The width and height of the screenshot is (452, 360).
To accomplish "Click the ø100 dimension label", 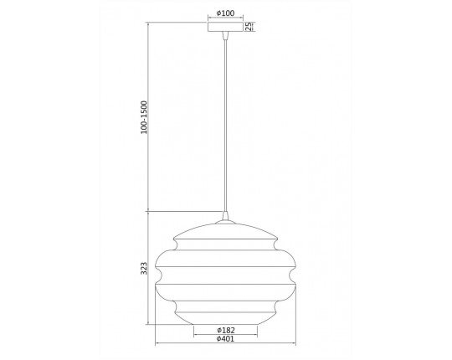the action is click(x=225, y=13).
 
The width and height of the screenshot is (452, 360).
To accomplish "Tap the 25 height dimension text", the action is click(x=249, y=26).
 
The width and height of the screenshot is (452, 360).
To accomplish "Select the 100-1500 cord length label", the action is click(x=144, y=117).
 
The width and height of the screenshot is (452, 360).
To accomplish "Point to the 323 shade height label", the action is click(x=144, y=268).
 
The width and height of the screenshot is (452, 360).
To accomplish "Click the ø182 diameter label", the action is click(x=226, y=330).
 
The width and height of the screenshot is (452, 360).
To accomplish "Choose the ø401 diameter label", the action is click(x=225, y=339).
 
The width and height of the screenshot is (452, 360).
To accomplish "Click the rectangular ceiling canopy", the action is click(x=225, y=27).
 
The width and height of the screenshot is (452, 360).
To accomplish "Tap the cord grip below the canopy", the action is click(x=225, y=35).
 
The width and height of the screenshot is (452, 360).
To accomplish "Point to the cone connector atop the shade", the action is click(x=225, y=216).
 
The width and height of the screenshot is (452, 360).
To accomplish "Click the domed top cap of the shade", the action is click(x=225, y=231).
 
